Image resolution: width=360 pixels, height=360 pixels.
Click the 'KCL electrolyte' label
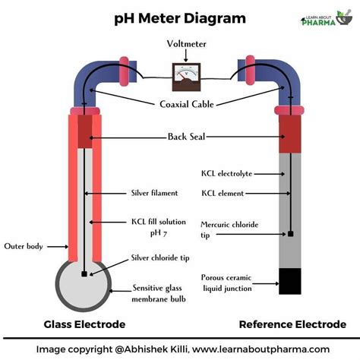coord(227,172)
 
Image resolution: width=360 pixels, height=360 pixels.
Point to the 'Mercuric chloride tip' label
coord(226,229)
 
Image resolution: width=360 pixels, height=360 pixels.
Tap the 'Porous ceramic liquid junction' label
coord(226,281)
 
